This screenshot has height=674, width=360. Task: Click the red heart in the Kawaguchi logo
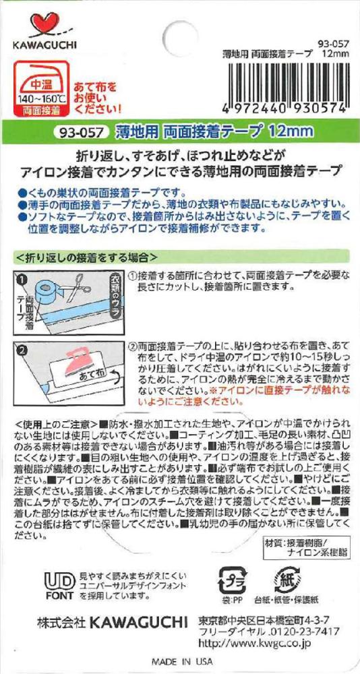coord(44,26)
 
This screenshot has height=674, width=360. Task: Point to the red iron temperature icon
coord(41,89)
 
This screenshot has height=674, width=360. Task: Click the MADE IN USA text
coord(181,661)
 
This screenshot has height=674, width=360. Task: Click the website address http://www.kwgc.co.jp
coord(253,643)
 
